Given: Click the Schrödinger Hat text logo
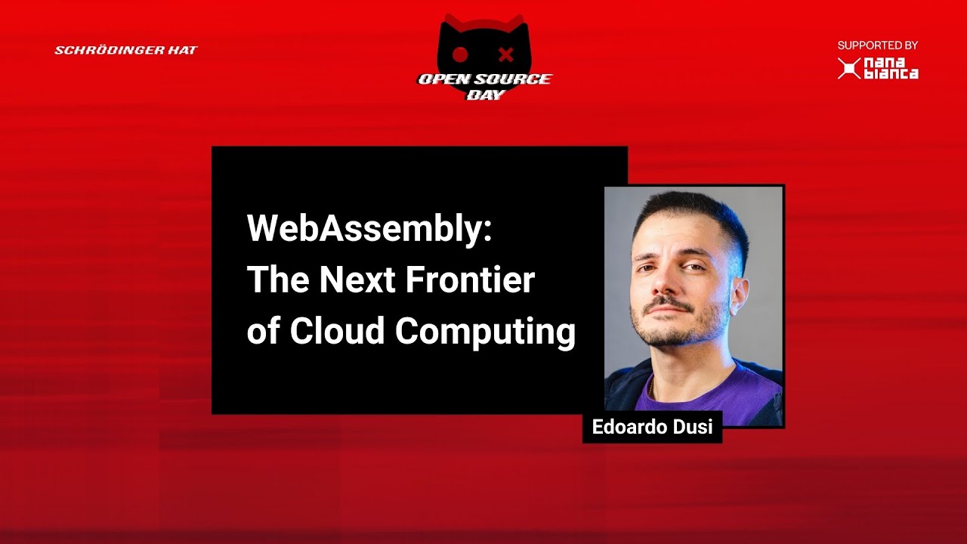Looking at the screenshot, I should point(126,51).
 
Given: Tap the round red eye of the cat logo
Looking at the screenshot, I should point(460,54).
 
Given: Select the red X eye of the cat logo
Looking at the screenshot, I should point(506,54).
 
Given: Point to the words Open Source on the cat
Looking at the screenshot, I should point(484,79).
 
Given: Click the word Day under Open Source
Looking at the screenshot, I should point(484,95).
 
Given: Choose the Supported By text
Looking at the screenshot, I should point(877,45).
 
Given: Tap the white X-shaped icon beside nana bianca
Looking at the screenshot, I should point(848,69).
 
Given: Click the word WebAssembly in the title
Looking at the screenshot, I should point(369,229).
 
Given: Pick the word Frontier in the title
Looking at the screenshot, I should point(470,280).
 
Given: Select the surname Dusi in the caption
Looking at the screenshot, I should point(692,427).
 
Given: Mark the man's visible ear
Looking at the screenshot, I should point(738,293).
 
